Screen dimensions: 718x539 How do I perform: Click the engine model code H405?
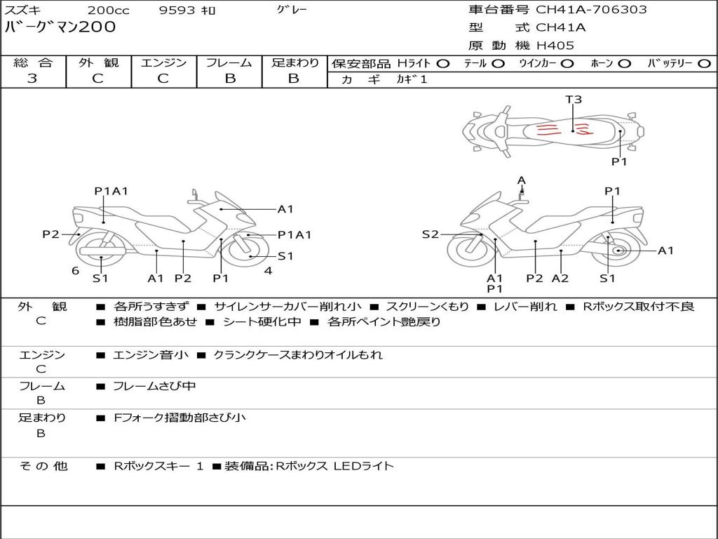tap(555, 46)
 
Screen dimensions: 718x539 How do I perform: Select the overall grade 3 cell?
tap(32, 79)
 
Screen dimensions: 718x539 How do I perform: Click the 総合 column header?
tap(32, 62)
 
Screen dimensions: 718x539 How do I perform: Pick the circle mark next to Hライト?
tap(442, 63)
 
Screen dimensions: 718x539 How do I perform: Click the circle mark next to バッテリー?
tap(703, 63)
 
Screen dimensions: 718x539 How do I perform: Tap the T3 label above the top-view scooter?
tap(574, 100)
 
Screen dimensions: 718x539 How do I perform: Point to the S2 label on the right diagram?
tap(430, 234)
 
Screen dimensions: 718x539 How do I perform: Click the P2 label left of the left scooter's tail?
tap(50, 234)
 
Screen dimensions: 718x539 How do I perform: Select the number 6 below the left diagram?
tap(75, 271)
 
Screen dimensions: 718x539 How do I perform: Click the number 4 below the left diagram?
tap(268, 271)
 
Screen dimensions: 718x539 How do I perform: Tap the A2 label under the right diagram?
tap(560, 278)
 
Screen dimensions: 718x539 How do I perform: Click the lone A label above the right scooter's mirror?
tap(521, 180)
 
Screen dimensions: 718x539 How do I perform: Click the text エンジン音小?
tap(150, 355)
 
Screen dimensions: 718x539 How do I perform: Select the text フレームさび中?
tap(154, 386)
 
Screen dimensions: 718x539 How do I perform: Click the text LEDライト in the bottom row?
tap(363, 465)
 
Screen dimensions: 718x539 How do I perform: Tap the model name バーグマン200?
tap(60, 27)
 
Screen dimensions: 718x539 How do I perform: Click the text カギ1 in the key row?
tap(412, 79)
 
